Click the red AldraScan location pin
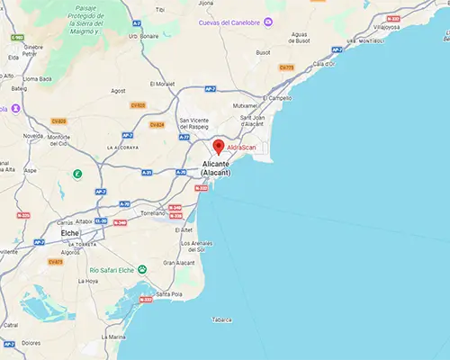(x=217, y=147)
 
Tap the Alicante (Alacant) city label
(x=216, y=167)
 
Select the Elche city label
(x=69, y=232)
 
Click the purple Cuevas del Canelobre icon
(x=267, y=22)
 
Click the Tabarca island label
(x=220, y=319)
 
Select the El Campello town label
(x=278, y=97)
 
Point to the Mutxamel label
(x=247, y=105)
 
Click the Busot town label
(x=264, y=53)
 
